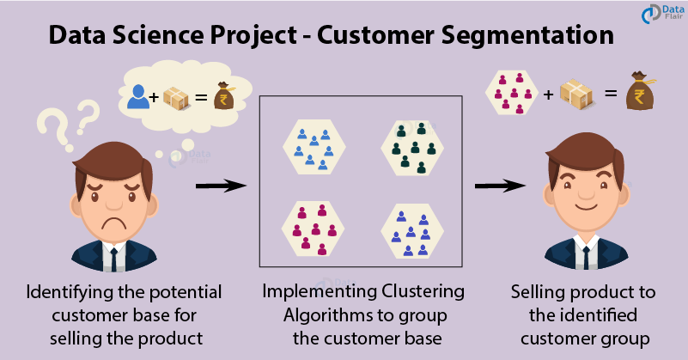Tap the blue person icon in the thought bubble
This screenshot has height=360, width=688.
pos(137,95)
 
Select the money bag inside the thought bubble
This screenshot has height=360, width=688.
pos(223,95)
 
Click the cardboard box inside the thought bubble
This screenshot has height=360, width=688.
pos(178,96)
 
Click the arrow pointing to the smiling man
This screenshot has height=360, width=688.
pos(500,185)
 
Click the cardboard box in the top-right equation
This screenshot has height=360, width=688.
pos(577,92)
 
